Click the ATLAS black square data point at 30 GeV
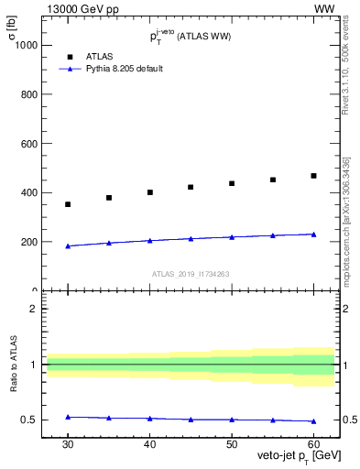coord(68,204)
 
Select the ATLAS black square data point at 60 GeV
coord(313,176)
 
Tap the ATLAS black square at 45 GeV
coord(191,187)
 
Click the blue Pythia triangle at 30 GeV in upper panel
coord(68,245)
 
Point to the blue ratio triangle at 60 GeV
coord(313,421)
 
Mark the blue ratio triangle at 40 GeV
coord(149,418)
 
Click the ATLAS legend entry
coord(101,57)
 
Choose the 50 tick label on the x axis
coord(232,443)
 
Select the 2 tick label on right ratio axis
coord(344,309)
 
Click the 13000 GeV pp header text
coord(82,9)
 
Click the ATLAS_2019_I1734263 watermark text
coord(190,273)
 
